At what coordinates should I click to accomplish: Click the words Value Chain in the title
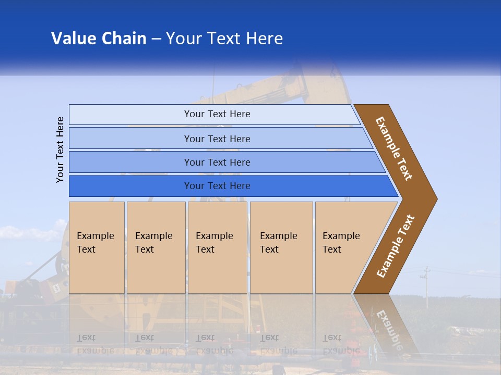coord(99,39)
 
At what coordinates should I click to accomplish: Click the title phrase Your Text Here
coord(224,39)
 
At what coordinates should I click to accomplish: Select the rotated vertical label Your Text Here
coord(60,149)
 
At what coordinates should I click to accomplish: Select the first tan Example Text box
coord(97,247)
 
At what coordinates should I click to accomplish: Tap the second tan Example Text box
coord(156,247)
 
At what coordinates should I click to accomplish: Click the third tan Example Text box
coord(217,247)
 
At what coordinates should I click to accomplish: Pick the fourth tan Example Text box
coord(281,247)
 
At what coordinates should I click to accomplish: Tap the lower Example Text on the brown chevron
coord(396,246)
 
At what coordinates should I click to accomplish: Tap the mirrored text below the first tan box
coord(94,344)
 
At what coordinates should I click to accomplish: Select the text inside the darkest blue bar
coord(217,186)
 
